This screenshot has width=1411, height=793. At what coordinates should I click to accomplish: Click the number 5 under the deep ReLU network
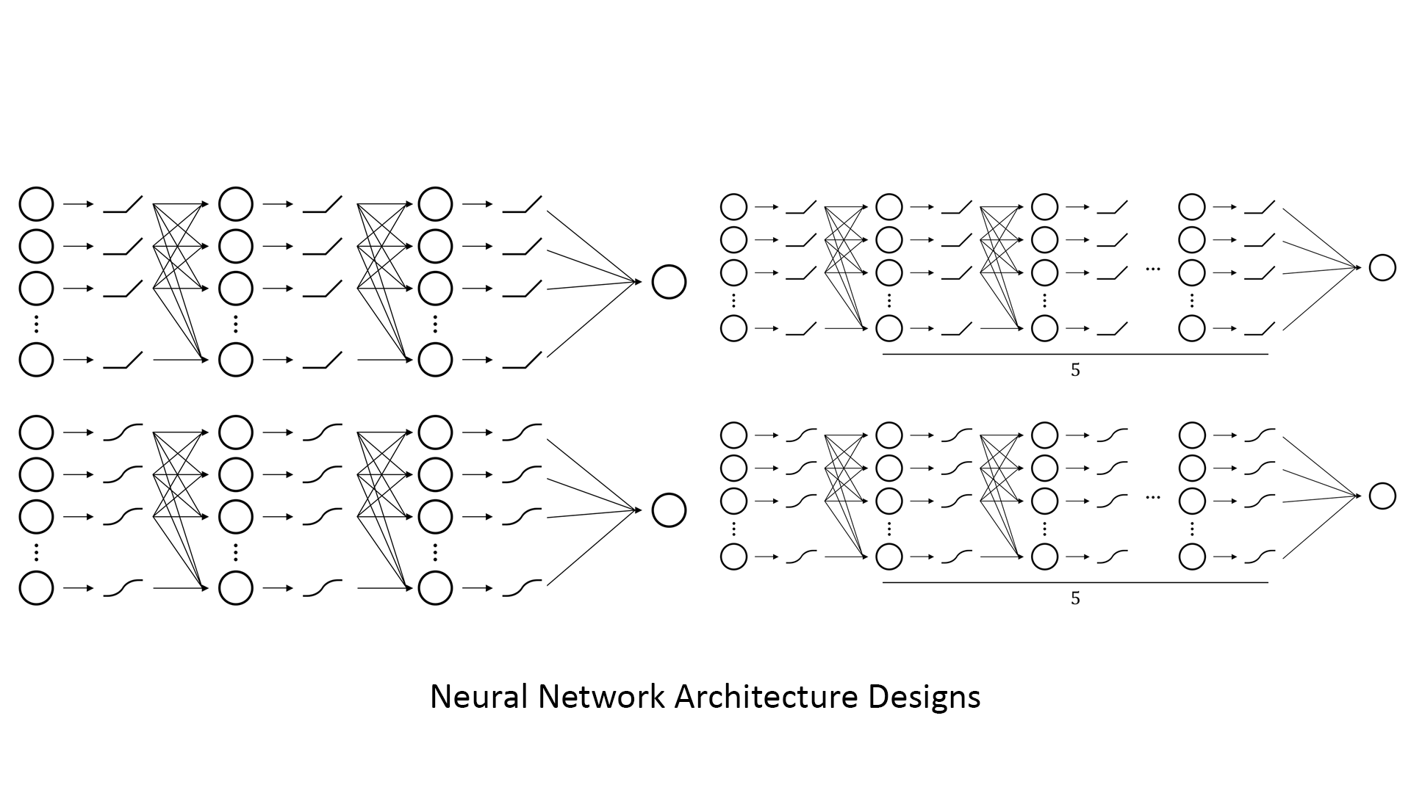click(1075, 371)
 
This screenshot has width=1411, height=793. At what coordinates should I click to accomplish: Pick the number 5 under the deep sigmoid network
click(1075, 599)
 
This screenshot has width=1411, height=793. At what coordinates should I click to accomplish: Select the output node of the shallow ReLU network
click(669, 282)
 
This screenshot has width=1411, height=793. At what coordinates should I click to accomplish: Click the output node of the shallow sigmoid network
click(669, 510)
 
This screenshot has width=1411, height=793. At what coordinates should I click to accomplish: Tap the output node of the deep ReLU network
click(1382, 268)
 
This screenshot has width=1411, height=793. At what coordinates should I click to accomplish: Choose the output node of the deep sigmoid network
click(1382, 496)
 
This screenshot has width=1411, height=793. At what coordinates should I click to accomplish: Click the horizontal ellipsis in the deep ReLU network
click(1152, 269)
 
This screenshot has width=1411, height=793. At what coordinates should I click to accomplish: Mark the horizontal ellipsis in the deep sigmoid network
click(1152, 498)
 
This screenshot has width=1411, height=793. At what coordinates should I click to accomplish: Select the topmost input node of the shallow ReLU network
click(36, 204)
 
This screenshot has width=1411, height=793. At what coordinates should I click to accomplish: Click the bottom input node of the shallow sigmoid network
click(36, 588)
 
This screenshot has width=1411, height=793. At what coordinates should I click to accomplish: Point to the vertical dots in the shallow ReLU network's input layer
click(36, 323)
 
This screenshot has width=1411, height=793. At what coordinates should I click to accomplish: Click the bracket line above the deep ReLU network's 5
click(1075, 355)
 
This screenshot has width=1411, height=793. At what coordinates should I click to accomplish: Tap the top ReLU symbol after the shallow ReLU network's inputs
click(123, 205)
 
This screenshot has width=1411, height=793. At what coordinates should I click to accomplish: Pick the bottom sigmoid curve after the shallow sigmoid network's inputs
click(123, 587)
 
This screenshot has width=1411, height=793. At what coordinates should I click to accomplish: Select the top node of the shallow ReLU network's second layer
click(236, 204)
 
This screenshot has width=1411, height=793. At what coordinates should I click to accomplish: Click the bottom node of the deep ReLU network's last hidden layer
click(1192, 328)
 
